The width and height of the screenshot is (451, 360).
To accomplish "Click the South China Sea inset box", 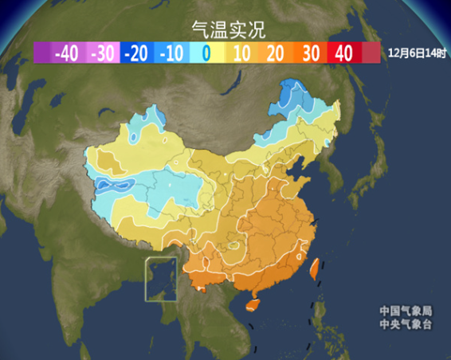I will click(162, 280).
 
